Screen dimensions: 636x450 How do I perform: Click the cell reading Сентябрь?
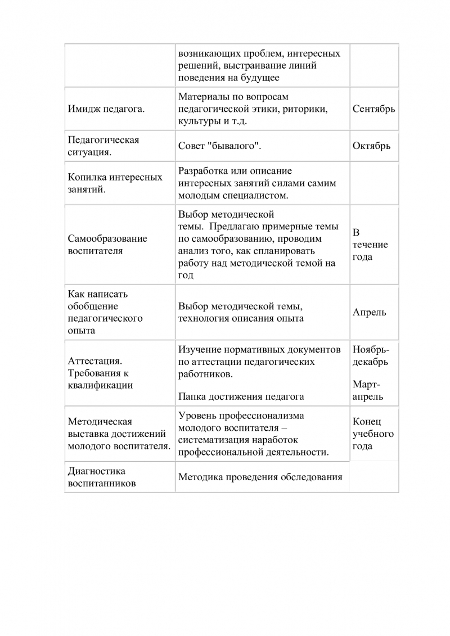pyautogui.click(x=373, y=109)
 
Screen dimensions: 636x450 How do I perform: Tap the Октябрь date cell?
pyautogui.click(x=371, y=146)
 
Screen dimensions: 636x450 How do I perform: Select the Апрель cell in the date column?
pyautogui.click(x=369, y=313)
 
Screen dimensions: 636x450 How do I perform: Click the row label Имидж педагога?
pyautogui.click(x=106, y=109)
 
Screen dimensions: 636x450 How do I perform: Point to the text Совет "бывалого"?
pyautogui.click(x=220, y=146)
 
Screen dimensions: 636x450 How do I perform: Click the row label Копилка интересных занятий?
pyautogui.click(x=115, y=183)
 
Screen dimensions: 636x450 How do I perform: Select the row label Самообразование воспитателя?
pyautogui.click(x=107, y=245)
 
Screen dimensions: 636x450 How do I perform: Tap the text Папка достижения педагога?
pyautogui.click(x=241, y=396)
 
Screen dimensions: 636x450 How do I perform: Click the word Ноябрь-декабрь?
pyautogui.click(x=370, y=356)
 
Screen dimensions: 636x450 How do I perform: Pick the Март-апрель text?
pyautogui.click(x=368, y=391)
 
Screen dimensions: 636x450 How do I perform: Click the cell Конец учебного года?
pyautogui.click(x=372, y=434)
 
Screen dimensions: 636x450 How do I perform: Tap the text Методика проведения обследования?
pyautogui.click(x=260, y=477)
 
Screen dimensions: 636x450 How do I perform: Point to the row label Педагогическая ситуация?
pyautogui.click(x=103, y=146)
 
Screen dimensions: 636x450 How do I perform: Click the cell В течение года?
pyautogui.click(x=370, y=245)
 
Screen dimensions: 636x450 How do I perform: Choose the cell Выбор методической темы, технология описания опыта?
pyautogui.click(x=241, y=313)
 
